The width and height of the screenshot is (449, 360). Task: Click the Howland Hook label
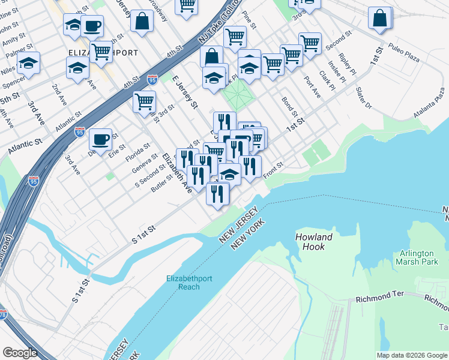coord(314,242)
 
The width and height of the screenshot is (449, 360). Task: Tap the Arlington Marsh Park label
coord(418,257)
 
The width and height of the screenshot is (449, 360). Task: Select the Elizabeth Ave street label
coord(177,173)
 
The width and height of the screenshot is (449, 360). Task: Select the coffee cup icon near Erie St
coord(100,139)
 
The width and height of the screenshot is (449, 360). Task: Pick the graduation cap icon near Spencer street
coord(28,62)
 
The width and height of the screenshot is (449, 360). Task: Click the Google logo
coord(20,353)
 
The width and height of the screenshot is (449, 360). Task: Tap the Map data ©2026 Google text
coord(412,355)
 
